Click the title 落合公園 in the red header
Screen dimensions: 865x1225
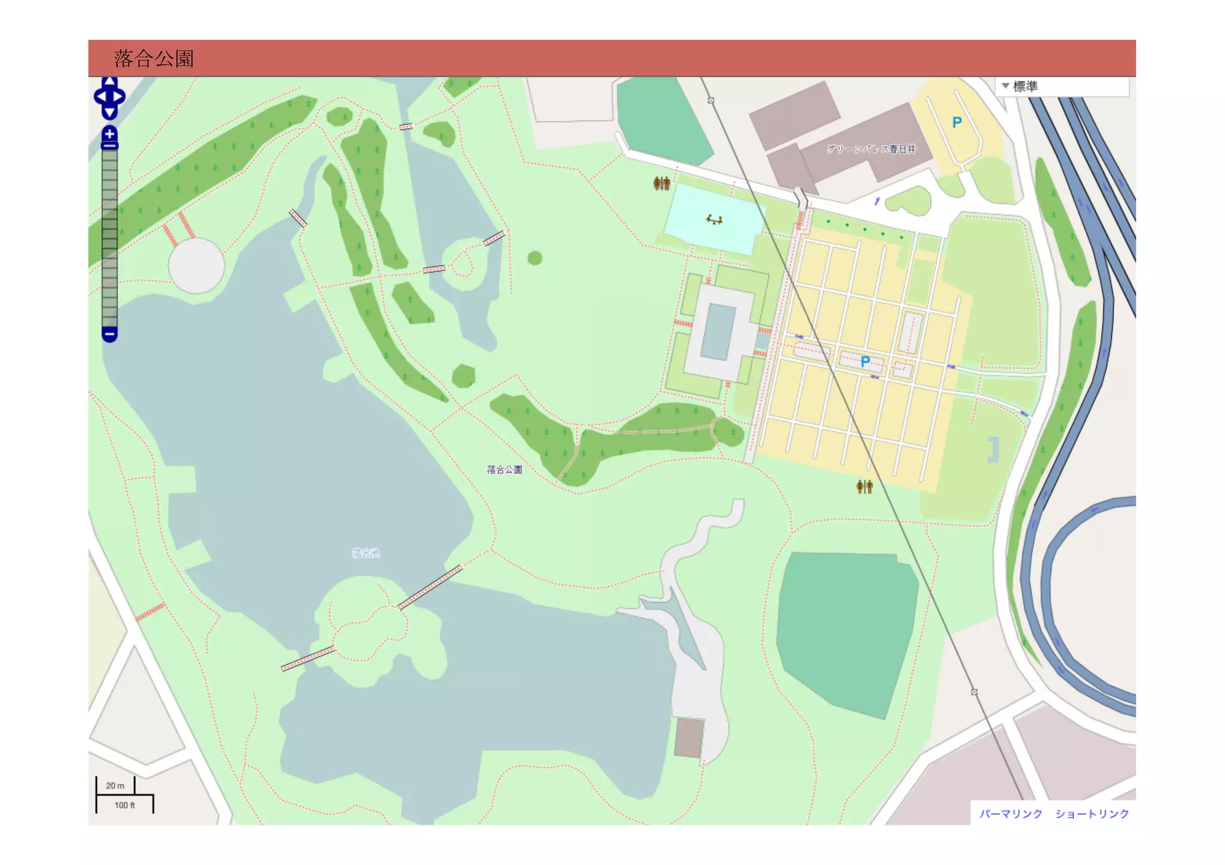(x=154, y=59)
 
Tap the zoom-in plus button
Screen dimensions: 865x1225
(x=109, y=134)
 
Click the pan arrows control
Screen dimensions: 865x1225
(x=109, y=97)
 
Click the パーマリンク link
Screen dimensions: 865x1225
(x=1010, y=814)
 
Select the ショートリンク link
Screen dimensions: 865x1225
(x=1092, y=814)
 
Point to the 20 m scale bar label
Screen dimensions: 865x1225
(x=115, y=785)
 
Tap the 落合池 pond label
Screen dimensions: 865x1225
(x=365, y=553)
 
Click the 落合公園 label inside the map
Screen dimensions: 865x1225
(x=504, y=470)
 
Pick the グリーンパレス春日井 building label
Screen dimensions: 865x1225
(x=871, y=149)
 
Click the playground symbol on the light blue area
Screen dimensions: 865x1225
(x=714, y=220)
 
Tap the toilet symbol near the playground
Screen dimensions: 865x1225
(x=662, y=184)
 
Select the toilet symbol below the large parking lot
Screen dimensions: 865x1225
(x=864, y=487)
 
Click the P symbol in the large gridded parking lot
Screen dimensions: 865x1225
(x=865, y=362)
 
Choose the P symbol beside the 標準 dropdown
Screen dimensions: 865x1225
(x=957, y=123)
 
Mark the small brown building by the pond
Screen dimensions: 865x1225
(x=689, y=738)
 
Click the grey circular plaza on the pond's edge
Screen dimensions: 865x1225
(x=196, y=265)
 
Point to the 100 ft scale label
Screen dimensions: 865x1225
(x=124, y=805)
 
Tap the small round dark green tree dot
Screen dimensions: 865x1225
(x=535, y=258)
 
